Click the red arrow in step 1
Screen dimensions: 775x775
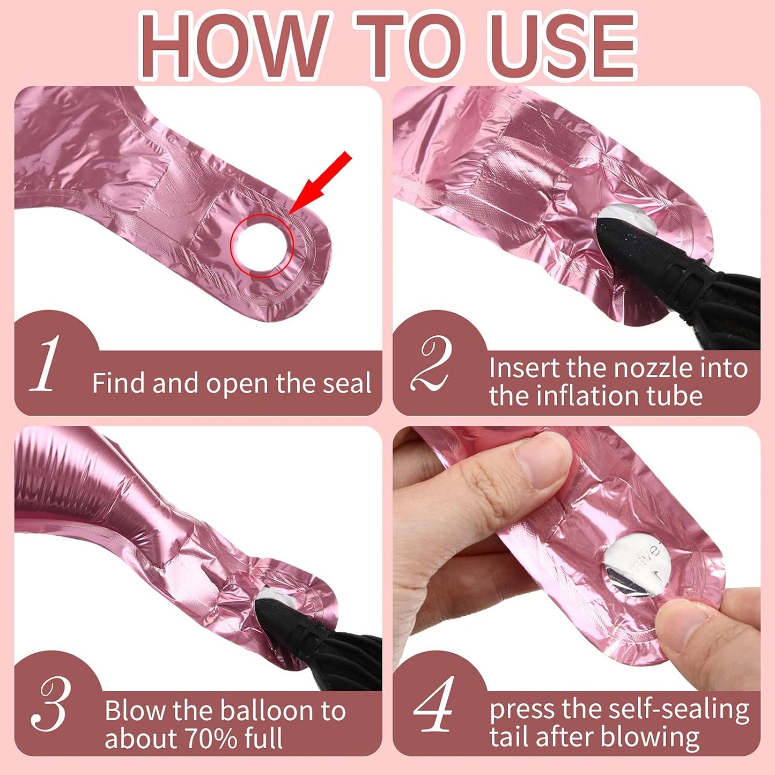(320, 182)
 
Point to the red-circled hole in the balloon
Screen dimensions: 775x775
(262, 245)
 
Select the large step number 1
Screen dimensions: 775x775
(45, 363)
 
